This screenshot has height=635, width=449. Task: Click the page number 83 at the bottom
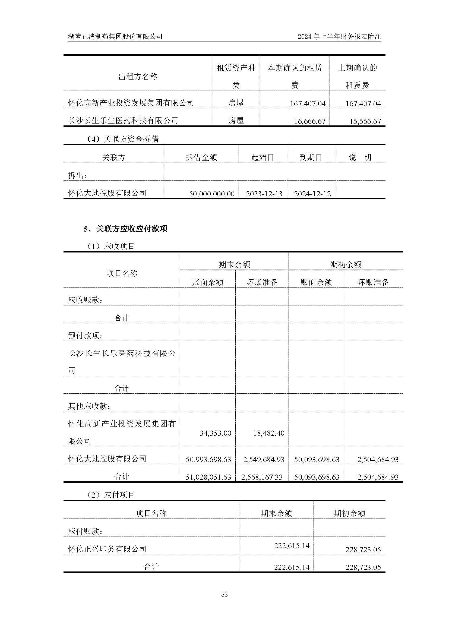(x=224, y=594)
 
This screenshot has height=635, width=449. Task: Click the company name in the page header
(x=115, y=36)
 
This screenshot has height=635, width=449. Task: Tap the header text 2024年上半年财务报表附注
(x=339, y=36)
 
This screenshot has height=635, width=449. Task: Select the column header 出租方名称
(x=138, y=77)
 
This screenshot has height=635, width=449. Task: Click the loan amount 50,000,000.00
(x=211, y=194)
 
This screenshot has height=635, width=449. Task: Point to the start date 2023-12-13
(x=264, y=194)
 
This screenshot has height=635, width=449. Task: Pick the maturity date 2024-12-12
(x=312, y=194)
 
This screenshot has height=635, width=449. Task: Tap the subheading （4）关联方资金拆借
(x=122, y=139)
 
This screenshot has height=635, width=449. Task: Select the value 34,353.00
(x=215, y=433)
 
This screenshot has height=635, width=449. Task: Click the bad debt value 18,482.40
(x=268, y=433)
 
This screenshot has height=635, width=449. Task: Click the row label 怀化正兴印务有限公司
(x=107, y=549)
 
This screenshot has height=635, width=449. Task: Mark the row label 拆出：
(x=77, y=175)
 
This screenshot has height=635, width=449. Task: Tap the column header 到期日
(x=311, y=157)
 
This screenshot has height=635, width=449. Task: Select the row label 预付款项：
(x=86, y=336)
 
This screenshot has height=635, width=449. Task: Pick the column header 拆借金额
(x=201, y=157)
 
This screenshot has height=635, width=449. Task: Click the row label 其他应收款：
(x=90, y=406)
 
